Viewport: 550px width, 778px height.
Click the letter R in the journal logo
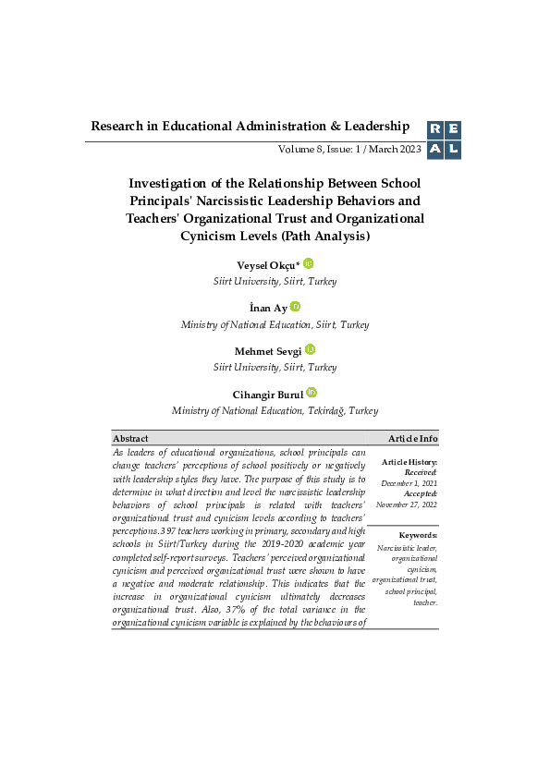tap(434, 130)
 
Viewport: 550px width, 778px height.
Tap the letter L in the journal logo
tap(452, 150)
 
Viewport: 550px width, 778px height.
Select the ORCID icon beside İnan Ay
tap(296, 307)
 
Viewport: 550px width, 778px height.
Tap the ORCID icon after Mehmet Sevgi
tap(311, 349)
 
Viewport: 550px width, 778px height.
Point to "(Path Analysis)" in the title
tap(327, 237)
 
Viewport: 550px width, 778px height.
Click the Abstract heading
tap(130, 438)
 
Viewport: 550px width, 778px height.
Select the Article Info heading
tap(413, 438)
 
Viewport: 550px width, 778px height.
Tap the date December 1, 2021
tap(409, 482)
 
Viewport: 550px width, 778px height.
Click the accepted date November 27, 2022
tap(407, 504)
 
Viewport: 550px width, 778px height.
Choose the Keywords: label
tap(418, 536)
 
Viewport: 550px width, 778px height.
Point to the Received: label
tap(422, 472)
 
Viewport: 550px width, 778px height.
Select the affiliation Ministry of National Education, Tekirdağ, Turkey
tap(275, 410)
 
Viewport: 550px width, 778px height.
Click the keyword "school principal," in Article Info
tap(411, 591)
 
